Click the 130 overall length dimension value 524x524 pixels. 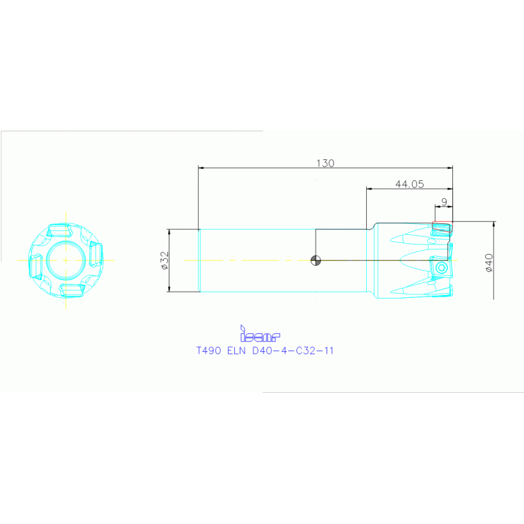[x=325, y=163]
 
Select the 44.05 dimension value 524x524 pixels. [x=409, y=184]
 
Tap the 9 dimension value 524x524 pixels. [x=444, y=202]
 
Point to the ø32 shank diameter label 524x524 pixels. [x=165, y=260]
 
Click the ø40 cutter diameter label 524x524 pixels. [x=489, y=262]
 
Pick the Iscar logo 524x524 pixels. [x=260, y=333]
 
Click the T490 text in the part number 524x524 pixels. [x=208, y=350]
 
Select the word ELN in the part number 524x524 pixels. [x=236, y=350]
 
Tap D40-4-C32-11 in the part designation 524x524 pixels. [x=293, y=350]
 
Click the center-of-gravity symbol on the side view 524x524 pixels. [x=316, y=260]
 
